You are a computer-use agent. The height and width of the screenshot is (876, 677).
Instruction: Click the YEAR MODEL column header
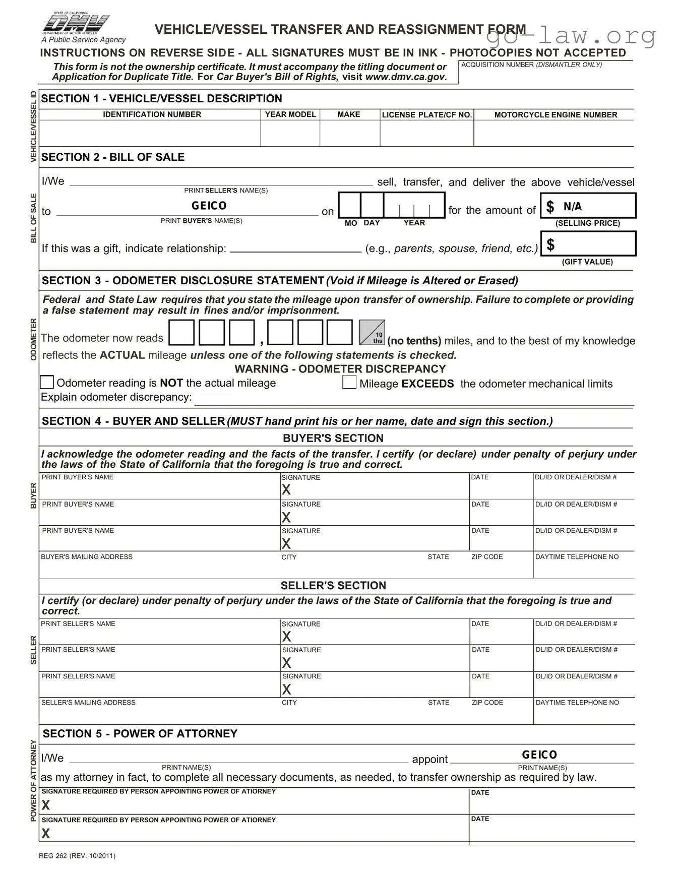tap(290, 114)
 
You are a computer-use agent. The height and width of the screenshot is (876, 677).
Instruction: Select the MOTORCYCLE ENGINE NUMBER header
tap(556, 115)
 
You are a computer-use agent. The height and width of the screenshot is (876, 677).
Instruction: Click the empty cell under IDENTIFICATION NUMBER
tap(150, 134)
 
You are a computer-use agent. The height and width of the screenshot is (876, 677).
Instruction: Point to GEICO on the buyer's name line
tap(209, 206)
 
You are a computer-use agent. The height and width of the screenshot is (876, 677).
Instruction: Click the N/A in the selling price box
tap(573, 206)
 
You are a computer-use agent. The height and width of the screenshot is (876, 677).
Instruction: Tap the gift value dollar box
tap(588, 244)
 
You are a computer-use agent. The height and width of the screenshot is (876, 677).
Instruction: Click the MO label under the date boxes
tap(351, 223)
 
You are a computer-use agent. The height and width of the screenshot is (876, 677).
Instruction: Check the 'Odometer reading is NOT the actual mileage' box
tap(47, 382)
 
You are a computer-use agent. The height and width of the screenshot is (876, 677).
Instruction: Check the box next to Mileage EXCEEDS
tap(349, 382)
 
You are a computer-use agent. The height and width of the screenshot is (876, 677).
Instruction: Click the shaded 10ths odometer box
tap(372, 333)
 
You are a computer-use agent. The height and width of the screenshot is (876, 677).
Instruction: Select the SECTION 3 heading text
tap(182, 280)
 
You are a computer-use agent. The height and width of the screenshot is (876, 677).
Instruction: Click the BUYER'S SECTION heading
tap(333, 438)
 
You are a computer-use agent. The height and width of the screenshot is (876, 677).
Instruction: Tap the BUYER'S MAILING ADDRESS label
tap(87, 556)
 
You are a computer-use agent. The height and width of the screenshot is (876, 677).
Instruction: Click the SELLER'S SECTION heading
tap(333, 585)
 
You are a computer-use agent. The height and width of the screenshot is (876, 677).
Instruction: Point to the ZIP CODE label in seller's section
tap(487, 702)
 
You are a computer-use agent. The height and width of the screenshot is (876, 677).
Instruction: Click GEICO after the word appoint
tap(539, 755)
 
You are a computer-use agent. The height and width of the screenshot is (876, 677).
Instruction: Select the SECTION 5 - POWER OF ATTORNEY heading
tap(140, 733)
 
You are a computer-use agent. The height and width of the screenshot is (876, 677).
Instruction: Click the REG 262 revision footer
tap(77, 855)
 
